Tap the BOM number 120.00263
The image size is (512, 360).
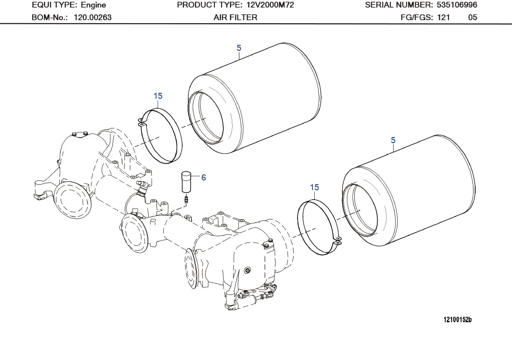click(x=93, y=18)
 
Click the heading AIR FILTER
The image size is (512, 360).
click(x=235, y=18)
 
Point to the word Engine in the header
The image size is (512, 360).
click(x=93, y=5)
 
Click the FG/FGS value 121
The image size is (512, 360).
click(x=443, y=18)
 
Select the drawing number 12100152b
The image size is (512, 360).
click(x=457, y=320)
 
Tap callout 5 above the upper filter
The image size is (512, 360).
click(x=239, y=48)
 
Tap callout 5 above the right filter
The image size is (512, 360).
click(x=393, y=140)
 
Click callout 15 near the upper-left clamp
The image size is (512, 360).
click(x=158, y=96)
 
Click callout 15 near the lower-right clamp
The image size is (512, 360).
click(x=315, y=187)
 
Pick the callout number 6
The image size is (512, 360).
click(x=203, y=178)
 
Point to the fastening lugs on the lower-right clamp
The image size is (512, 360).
click(x=338, y=241)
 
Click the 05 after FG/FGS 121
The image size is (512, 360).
click(x=472, y=18)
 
